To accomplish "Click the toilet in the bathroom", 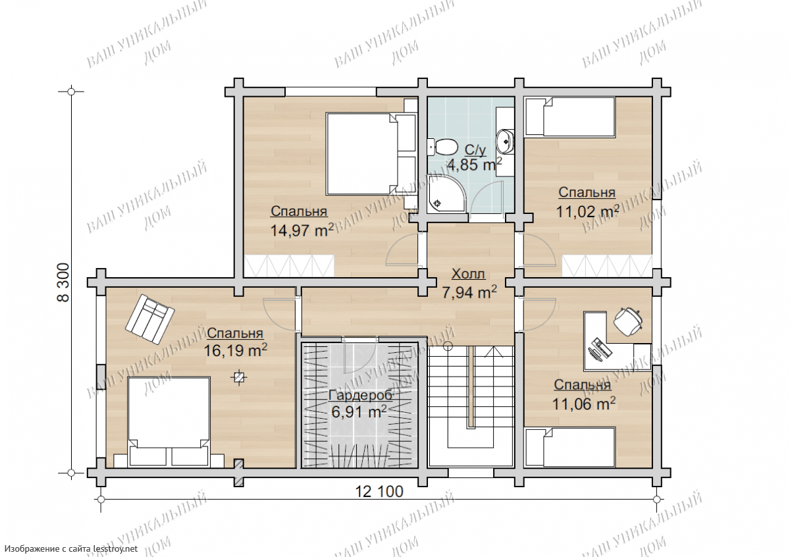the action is (442, 147).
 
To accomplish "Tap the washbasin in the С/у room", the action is (505, 142).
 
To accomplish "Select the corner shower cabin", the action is (447, 194).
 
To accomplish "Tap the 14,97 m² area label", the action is (302, 231).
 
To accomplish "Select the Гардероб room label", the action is (361, 396).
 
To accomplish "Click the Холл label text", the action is (468, 274).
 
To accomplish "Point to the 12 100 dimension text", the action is (379, 491).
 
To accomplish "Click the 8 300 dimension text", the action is (63, 282).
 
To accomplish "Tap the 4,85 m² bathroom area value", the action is (475, 165).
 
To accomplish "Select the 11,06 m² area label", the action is (584, 404).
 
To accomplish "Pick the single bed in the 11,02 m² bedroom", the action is (570, 117).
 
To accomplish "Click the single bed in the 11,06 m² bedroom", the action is (570, 447).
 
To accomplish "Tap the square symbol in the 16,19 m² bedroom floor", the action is (239, 378).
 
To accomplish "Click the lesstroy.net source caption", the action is (71, 549).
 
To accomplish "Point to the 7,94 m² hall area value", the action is (469, 292).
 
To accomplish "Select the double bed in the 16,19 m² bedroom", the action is (169, 422).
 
